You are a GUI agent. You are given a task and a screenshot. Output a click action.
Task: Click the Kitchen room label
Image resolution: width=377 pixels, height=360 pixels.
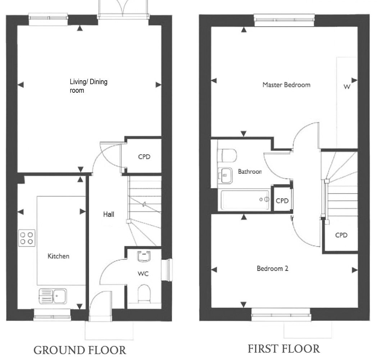click(58, 256)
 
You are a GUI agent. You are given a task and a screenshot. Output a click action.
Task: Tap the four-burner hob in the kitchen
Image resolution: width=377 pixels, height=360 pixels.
click(27, 238)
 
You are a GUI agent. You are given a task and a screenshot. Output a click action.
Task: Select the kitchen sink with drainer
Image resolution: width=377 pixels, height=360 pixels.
click(53, 296)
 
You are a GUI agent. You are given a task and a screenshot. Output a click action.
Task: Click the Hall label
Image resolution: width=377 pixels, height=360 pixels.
click(109, 214)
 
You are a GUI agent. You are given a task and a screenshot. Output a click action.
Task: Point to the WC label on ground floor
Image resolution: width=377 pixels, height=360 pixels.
click(143, 273)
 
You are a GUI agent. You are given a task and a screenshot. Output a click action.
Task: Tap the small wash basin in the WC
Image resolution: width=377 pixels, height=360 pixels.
click(144, 256)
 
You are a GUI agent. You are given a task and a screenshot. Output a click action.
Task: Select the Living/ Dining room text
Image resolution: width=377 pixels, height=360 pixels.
click(88, 86)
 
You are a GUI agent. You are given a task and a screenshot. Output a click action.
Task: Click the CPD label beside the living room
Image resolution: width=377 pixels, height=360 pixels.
click(144, 157)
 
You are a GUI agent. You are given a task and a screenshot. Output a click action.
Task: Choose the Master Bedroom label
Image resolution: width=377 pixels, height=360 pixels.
click(286, 85)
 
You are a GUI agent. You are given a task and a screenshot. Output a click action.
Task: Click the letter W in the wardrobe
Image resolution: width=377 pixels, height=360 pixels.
click(347, 87)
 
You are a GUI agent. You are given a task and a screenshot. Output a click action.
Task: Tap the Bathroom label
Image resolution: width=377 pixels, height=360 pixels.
click(250, 172)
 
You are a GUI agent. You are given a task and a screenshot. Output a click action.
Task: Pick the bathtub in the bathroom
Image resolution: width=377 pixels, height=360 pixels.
click(245, 200)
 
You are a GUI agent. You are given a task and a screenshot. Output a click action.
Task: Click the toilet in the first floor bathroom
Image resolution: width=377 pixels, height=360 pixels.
click(227, 155)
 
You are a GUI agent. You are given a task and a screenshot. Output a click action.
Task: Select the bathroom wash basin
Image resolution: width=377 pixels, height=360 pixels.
click(225, 175)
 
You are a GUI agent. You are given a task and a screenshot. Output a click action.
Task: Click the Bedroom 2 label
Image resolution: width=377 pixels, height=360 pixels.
click(272, 268)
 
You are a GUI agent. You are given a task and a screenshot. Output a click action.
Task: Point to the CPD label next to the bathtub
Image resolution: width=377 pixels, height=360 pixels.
click(282, 201)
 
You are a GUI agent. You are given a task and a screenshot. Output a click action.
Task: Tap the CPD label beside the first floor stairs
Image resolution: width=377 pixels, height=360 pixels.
click(341, 235)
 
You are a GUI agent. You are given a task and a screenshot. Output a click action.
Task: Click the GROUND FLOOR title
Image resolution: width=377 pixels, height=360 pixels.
click(80, 350)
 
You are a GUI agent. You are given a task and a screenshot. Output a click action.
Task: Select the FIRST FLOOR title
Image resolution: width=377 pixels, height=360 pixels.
click(284, 349)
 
